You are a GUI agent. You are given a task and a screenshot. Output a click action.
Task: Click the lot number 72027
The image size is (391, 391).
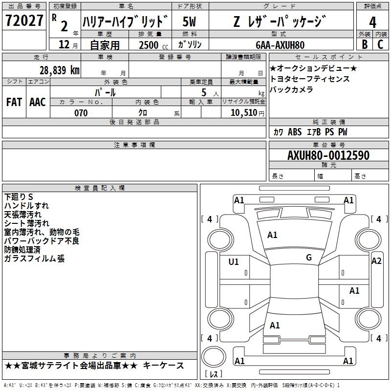pos(24,20)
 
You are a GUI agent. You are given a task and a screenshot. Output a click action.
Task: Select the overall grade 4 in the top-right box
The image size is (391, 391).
pos(372,22)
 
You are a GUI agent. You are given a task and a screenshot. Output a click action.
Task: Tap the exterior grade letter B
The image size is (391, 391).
pos(365,44)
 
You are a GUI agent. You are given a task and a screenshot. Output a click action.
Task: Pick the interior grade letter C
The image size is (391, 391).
pos(380,44)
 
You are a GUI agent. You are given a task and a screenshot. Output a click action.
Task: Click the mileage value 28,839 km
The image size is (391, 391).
pos(60,70)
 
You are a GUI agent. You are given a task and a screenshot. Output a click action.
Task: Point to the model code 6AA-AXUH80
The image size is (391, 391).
pos(280,45)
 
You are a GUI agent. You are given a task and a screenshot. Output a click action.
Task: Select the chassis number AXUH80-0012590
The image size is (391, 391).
pos(328,155)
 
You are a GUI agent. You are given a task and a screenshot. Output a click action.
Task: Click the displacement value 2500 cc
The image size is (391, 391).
pos(153,45)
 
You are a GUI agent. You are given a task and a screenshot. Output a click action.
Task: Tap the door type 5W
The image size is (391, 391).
pos(189,22)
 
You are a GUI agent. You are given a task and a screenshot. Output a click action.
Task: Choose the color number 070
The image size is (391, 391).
pos(81,113)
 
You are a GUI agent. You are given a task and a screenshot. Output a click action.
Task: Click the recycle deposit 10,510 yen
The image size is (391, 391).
pos(247,113)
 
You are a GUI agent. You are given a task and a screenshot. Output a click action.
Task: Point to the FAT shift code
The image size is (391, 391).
pos(14,102)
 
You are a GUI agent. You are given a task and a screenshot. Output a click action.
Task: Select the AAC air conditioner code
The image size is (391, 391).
pos(38,102)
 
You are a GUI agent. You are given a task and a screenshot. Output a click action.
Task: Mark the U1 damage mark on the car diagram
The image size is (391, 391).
pos(234,261)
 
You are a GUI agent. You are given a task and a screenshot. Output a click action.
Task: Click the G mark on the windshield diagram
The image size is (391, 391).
pos(309,258)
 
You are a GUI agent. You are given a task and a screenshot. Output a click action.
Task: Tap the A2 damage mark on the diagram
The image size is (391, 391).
pos(376,261)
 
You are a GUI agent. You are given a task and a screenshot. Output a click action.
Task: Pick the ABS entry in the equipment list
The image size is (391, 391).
pos(295,132)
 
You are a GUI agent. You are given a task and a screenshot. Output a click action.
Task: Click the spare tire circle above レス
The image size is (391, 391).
pos(214,357)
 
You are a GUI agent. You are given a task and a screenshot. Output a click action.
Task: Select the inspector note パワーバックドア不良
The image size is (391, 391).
pos(42,241)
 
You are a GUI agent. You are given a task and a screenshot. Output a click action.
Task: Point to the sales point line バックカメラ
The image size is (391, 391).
pos(291,89)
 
